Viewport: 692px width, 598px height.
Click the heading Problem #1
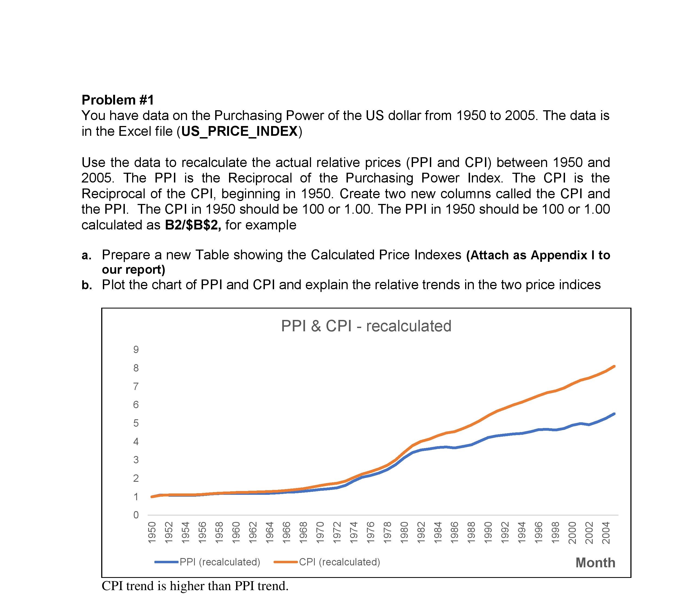(118, 100)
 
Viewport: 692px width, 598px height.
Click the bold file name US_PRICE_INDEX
(239, 131)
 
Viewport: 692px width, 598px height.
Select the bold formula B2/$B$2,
(193, 225)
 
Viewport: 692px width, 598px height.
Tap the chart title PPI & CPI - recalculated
(366, 326)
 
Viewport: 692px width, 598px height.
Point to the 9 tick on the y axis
(136, 350)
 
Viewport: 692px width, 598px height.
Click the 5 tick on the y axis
(136, 423)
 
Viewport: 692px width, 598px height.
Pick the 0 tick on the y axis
(136, 515)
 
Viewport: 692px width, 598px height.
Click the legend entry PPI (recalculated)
(220, 562)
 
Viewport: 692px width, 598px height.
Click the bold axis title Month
(595, 563)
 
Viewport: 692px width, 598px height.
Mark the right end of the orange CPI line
(614, 366)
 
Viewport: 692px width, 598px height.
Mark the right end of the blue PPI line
(614, 414)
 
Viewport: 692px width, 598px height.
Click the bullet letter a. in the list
(87, 255)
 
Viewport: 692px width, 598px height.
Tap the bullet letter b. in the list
(87, 285)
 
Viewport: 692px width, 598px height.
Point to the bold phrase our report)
(134, 269)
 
